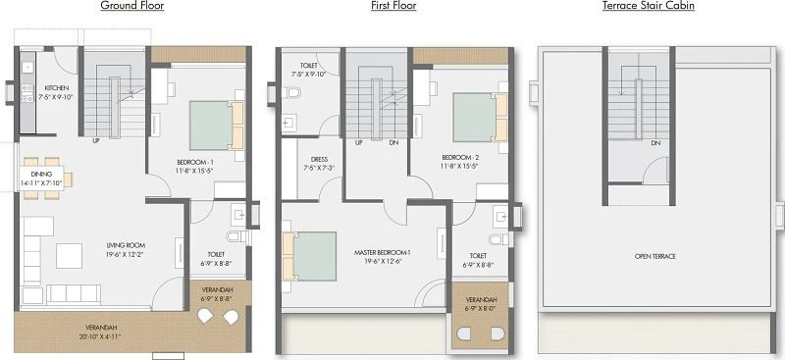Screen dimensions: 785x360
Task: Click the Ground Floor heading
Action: [132, 6]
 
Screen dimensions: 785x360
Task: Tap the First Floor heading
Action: [393, 6]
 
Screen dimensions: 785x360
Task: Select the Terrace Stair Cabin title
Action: [649, 6]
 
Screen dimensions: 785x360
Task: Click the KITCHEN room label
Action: [57, 88]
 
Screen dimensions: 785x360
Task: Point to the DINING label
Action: [41, 175]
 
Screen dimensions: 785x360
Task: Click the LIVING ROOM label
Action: [126, 245]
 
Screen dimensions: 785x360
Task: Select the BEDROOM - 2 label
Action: [459, 157]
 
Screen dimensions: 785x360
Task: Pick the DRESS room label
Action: [319, 160]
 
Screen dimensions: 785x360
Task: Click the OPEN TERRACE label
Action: [654, 256]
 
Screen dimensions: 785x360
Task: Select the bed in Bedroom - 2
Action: [480, 117]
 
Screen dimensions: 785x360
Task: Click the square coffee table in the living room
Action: [69, 256]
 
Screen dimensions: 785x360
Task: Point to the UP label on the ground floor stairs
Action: [96, 141]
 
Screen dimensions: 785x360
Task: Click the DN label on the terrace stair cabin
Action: [655, 143]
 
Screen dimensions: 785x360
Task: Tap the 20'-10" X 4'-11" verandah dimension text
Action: [101, 335]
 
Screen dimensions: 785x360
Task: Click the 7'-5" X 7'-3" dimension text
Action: [319, 169]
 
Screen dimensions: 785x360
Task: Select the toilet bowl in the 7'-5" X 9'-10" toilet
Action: [291, 92]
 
